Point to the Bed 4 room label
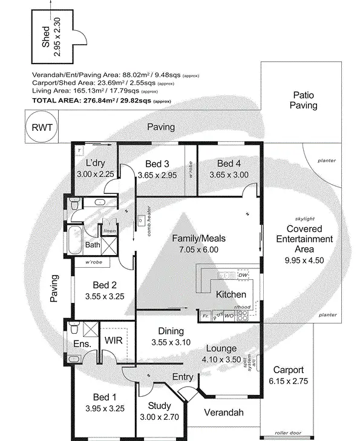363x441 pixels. (229, 164)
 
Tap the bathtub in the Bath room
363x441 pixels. (76, 240)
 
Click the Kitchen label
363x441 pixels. (231, 294)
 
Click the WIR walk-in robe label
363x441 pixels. (114, 340)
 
